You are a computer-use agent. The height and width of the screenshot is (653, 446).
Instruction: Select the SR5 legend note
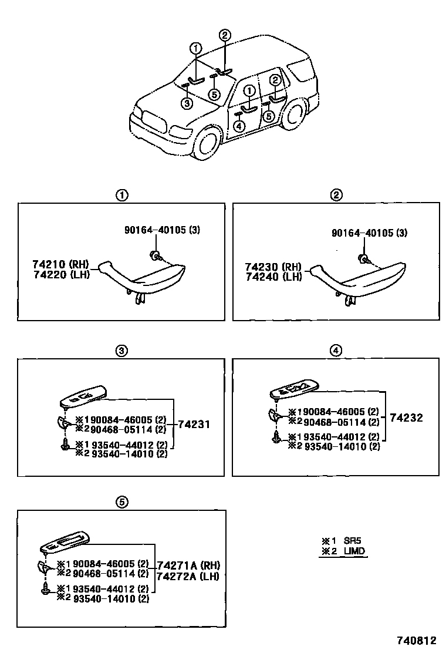343,540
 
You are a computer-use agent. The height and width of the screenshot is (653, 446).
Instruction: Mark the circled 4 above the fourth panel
336,351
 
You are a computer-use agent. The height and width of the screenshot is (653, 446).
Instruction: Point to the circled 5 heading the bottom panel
121,501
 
